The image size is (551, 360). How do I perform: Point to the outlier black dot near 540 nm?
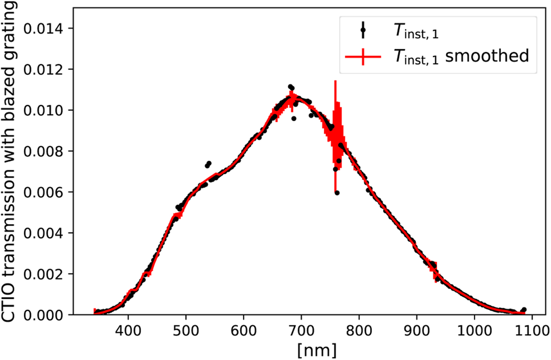coord(208,163)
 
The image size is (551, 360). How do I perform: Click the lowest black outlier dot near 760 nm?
coord(337,193)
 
